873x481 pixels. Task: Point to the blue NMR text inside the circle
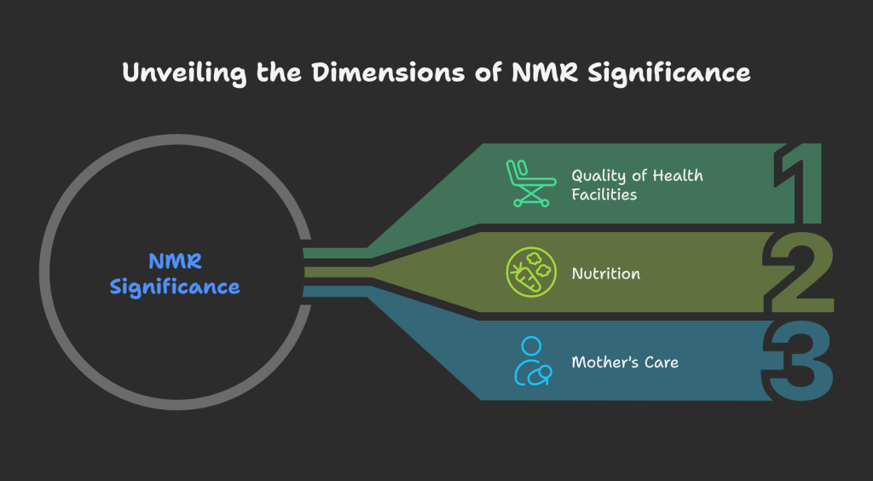point(175,260)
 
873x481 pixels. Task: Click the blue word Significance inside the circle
point(175,287)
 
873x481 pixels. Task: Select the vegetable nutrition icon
point(529,274)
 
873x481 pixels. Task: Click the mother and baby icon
point(530,362)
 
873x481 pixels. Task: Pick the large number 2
point(800,273)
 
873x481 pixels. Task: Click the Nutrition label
point(605,274)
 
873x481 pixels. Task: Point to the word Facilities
point(604,194)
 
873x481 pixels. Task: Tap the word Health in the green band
point(679,175)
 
